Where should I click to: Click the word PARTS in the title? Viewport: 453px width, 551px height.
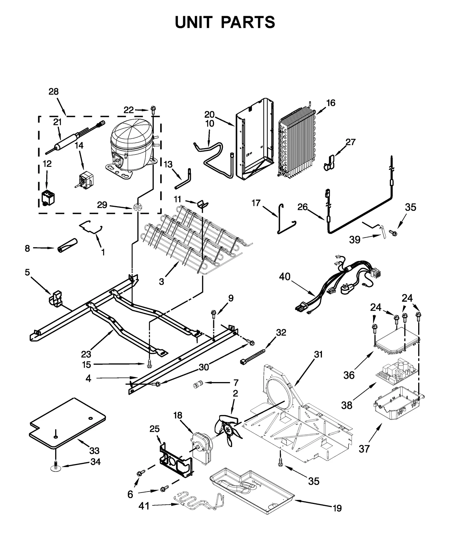[x=248, y=22]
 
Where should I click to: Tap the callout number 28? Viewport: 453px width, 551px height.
[x=54, y=92]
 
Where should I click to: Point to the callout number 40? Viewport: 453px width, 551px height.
[x=285, y=276]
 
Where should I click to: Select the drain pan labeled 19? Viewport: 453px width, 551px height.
[x=252, y=492]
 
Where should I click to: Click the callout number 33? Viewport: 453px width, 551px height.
[x=94, y=450]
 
